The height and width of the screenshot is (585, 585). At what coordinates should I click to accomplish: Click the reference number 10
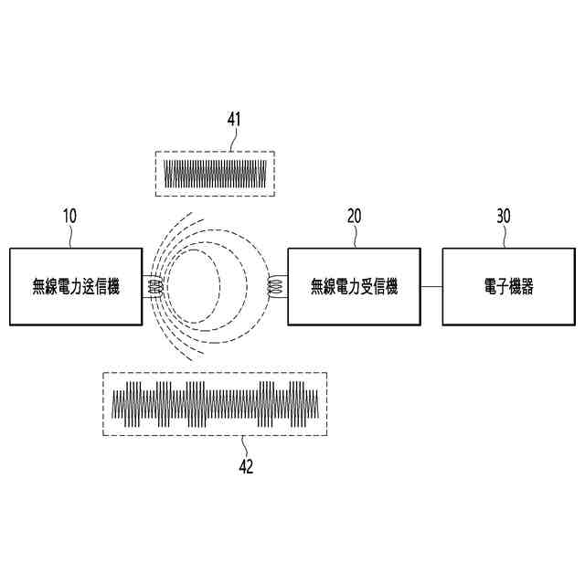click(69, 217)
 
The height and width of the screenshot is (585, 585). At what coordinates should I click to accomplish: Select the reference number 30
click(503, 217)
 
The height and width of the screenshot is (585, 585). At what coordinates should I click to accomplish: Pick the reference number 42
click(245, 466)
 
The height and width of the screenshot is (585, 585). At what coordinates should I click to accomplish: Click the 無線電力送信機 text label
click(76, 287)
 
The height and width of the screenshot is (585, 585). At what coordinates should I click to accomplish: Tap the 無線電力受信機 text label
click(355, 287)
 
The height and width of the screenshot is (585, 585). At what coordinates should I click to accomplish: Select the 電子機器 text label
click(508, 287)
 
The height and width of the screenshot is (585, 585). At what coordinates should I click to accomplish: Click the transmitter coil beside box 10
click(154, 287)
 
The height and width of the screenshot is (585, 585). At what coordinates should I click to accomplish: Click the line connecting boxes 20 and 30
click(431, 287)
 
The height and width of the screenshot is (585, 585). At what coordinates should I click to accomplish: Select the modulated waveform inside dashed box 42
click(216, 403)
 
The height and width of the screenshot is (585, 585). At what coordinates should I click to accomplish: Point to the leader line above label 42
click(243, 445)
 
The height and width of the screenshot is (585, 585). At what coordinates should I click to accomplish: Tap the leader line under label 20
click(356, 237)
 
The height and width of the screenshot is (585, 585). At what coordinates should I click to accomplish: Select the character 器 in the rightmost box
click(526, 287)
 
